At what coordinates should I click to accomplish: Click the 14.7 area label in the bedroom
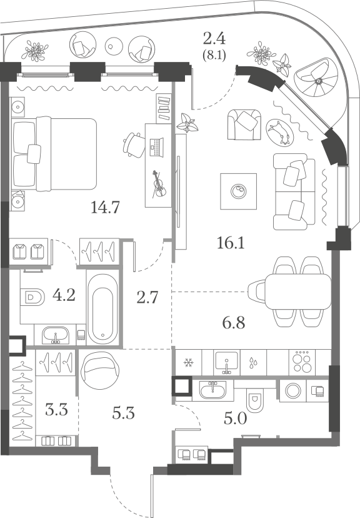[105, 208]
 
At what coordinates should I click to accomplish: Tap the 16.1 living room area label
[231, 243]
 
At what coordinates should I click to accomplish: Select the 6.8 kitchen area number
[234, 322]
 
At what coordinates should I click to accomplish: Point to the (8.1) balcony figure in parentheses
[214, 55]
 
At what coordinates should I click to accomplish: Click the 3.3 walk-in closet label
[56, 410]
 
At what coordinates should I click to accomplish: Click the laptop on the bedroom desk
[156, 146]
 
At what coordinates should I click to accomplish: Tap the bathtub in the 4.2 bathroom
[102, 309]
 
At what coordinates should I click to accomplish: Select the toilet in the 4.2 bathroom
[32, 297]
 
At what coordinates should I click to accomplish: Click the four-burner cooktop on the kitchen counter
[302, 362]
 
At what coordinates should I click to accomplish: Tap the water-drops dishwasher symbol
[253, 363]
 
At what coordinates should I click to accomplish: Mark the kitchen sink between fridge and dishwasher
[226, 363]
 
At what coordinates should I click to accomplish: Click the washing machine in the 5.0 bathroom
[293, 391]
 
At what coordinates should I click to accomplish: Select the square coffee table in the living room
[239, 191]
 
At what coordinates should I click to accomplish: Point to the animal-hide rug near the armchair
[280, 133]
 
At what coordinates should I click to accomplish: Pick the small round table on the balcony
[114, 46]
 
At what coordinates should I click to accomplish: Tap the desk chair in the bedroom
[134, 145]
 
